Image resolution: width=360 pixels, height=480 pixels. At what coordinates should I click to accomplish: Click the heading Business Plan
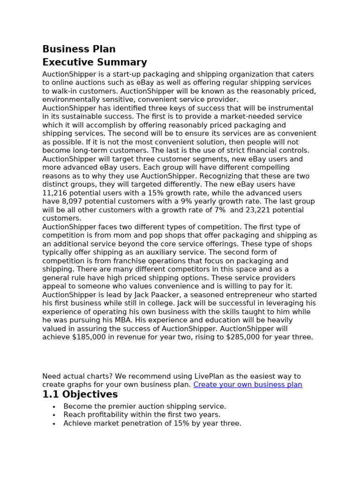pos(79,49)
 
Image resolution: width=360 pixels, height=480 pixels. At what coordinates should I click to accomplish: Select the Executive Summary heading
pos(94,62)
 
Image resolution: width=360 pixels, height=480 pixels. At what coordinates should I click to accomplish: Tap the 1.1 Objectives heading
pos(80,394)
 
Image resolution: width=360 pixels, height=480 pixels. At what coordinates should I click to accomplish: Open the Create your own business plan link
pos(247,384)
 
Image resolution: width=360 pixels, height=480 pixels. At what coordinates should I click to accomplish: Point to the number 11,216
pos(54,193)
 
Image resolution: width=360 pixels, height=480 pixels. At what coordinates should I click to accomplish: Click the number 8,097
pos(69,202)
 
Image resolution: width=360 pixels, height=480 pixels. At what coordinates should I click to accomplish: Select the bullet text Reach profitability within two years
pos(142,415)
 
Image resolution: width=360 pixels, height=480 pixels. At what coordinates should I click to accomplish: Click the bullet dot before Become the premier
pos(54,407)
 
